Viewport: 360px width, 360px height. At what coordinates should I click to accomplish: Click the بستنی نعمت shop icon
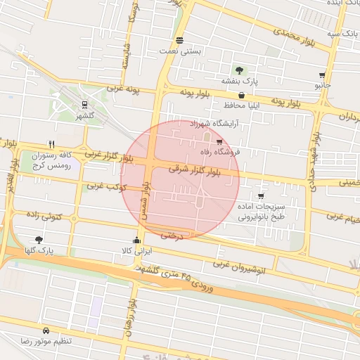[x=180, y=40]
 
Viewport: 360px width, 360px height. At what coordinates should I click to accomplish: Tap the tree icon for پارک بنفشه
[x=240, y=70]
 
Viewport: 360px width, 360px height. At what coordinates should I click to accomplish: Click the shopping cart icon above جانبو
[x=322, y=75]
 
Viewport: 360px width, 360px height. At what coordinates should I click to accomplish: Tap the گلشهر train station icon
[x=84, y=105]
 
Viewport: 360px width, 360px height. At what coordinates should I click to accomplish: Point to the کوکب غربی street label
[x=106, y=187]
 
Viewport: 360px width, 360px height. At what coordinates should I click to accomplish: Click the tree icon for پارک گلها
[x=39, y=240]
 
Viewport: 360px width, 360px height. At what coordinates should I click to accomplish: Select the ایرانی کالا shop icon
[x=136, y=240]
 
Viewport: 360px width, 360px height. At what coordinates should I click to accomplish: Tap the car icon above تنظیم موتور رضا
[x=46, y=330]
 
